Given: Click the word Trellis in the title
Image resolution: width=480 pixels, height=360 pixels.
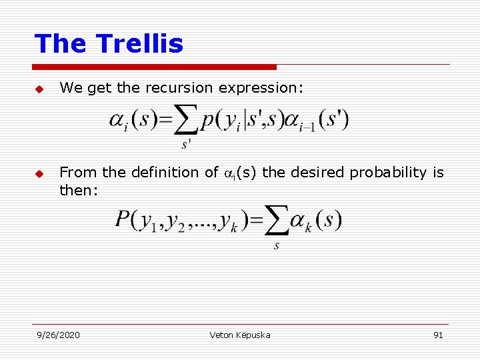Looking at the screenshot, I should click(x=140, y=44).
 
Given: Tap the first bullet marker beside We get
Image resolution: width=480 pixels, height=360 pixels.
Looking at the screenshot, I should click(x=39, y=89).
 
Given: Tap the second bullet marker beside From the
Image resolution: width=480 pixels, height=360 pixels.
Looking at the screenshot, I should click(x=39, y=173).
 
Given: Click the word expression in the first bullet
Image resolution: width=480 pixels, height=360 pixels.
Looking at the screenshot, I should click(x=265, y=88).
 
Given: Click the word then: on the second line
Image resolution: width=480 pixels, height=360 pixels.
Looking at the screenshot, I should click(x=79, y=191).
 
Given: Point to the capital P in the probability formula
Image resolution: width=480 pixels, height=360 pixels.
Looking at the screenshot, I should click(x=123, y=220).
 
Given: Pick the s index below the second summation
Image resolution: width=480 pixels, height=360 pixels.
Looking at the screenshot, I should click(x=276, y=246).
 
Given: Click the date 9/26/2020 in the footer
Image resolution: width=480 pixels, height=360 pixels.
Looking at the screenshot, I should click(x=58, y=335).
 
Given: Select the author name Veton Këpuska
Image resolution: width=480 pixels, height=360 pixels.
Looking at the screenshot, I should click(x=239, y=335).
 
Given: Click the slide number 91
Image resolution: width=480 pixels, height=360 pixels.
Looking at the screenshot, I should click(x=438, y=335).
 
